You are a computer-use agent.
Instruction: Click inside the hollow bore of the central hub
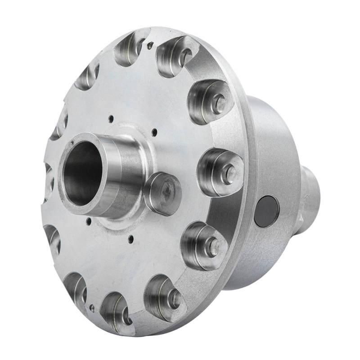pos(81,173)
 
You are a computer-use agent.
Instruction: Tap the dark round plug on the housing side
pos(266,211)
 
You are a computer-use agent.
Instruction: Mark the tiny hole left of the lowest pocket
pos(92,308)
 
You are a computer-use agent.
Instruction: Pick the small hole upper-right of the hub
pos(154,132)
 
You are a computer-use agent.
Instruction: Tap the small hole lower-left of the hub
pos(89,221)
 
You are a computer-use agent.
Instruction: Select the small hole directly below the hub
pos(130,239)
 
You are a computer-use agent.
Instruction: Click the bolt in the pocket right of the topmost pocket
pos(184,57)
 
